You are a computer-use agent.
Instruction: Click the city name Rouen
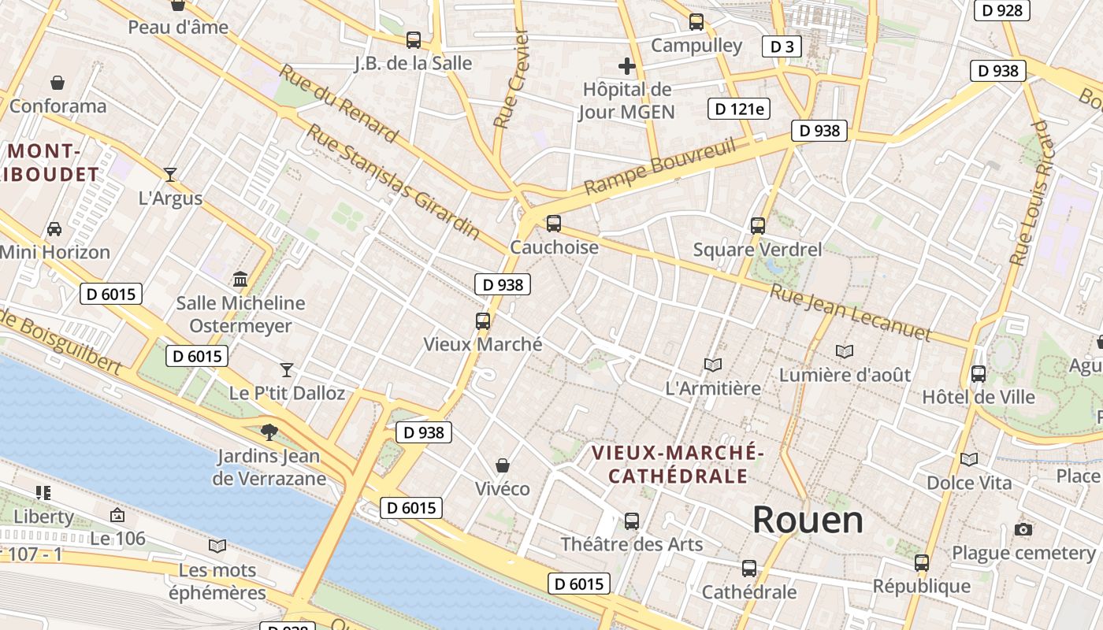[808, 520]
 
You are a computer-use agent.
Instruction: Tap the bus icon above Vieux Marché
[483, 321]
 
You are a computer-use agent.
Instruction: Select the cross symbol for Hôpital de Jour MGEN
[627, 66]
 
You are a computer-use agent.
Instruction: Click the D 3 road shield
[782, 46]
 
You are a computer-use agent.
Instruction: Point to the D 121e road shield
[738, 109]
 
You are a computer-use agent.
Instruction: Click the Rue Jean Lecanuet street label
[850, 313]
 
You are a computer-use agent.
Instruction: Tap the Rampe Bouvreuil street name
[660, 167]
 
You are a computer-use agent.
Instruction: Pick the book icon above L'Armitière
[713, 365]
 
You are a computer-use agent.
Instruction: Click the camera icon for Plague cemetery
[1023, 529]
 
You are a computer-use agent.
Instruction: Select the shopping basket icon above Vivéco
[503, 465]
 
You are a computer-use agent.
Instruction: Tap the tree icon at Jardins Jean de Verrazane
[269, 432]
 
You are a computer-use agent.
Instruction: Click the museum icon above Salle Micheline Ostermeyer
[240, 279]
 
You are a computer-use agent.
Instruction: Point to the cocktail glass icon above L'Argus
[170, 175]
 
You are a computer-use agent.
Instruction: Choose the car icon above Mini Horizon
[54, 229]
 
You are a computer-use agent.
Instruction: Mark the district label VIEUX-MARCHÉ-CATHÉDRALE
[678, 464]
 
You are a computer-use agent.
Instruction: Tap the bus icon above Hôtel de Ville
[979, 374]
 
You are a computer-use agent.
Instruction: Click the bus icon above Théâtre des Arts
[632, 521]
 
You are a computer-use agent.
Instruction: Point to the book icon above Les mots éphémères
[217, 546]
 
